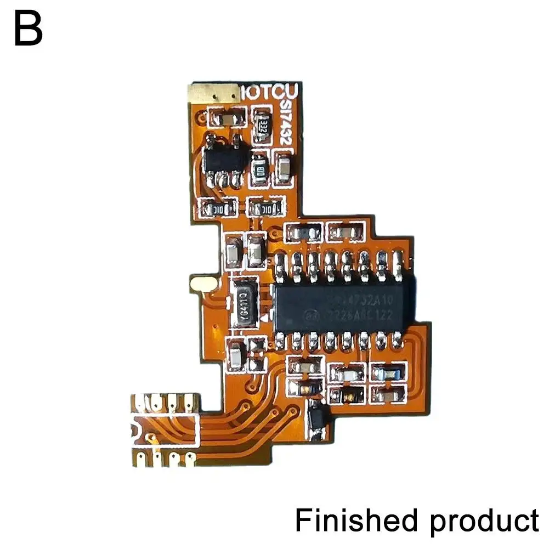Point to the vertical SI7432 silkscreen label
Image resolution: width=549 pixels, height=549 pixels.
285,124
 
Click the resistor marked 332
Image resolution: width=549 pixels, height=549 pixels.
262,124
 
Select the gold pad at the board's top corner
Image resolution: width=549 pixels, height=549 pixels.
212,93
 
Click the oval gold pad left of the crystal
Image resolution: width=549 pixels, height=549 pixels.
204,284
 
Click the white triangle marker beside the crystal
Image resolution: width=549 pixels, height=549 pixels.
265,317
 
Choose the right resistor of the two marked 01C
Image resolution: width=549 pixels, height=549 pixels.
266,208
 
